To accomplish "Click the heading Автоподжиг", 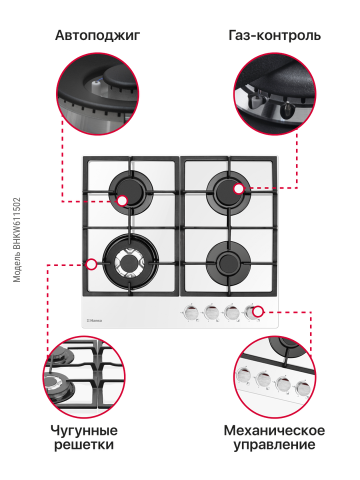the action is (97, 35).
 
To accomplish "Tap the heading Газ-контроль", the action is (274, 35).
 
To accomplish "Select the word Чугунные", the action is (84, 430).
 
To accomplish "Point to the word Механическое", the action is (274, 430).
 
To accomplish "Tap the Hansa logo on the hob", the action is (94, 320).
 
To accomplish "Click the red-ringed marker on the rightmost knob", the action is (258, 311).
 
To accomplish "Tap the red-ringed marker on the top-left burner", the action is (122, 201).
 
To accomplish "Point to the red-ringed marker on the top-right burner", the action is (238, 189).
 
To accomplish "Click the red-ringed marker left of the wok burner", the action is (91, 264).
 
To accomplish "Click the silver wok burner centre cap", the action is (129, 262).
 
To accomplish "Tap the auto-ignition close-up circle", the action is (97, 93).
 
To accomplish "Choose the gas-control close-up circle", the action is (275, 93).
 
